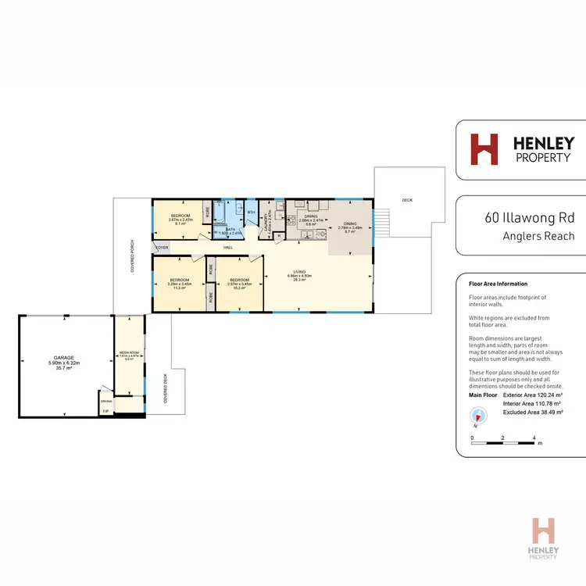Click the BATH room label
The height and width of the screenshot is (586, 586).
(230, 229)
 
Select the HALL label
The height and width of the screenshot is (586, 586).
(228, 248)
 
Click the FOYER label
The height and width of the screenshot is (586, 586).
(162, 248)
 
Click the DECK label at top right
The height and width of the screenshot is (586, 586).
(406, 200)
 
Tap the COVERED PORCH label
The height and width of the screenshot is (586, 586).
(133, 256)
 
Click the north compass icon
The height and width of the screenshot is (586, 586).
(474, 418)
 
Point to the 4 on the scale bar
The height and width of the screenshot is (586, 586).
(534, 438)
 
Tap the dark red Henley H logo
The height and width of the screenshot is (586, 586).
(484, 149)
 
